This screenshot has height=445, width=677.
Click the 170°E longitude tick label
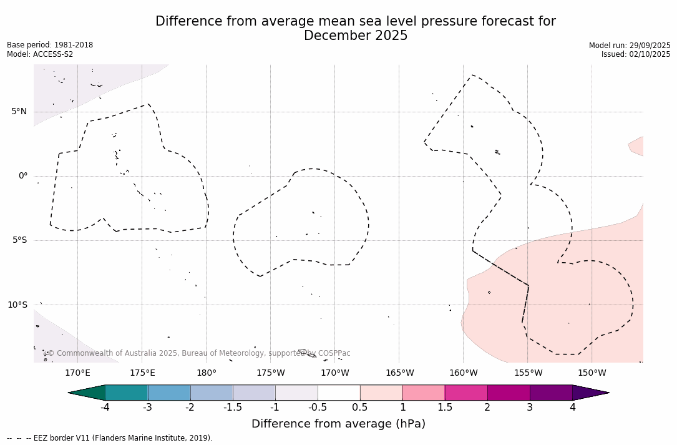(x=77, y=373)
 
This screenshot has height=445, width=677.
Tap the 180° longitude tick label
(x=207, y=373)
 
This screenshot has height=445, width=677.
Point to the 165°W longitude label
(x=399, y=373)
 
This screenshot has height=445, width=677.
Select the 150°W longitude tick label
(x=592, y=373)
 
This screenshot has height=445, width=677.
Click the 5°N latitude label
(x=19, y=112)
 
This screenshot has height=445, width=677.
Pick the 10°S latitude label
(x=17, y=305)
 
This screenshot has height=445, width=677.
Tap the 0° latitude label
(x=22, y=176)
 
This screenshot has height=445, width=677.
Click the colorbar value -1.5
(x=233, y=408)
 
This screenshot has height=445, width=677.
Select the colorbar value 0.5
(x=360, y=408)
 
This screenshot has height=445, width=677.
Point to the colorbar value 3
(x=530, y=408)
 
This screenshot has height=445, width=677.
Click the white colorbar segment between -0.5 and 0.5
(x=339, y=393)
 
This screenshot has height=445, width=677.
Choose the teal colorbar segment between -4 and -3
(x=127, y=393)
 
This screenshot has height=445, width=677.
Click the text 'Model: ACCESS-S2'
(x=40, y=54)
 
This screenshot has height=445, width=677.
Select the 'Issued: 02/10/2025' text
(x=636, y=54)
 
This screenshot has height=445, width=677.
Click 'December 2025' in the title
(x=356, y=36)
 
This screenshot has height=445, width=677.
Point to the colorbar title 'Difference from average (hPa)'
(x=338, y=424)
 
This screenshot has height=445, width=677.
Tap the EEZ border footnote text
(x=110, y=438)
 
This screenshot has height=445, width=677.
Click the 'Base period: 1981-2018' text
(x=50, y=45)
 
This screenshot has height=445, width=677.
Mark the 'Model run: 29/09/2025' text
(x=630, y=45)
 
